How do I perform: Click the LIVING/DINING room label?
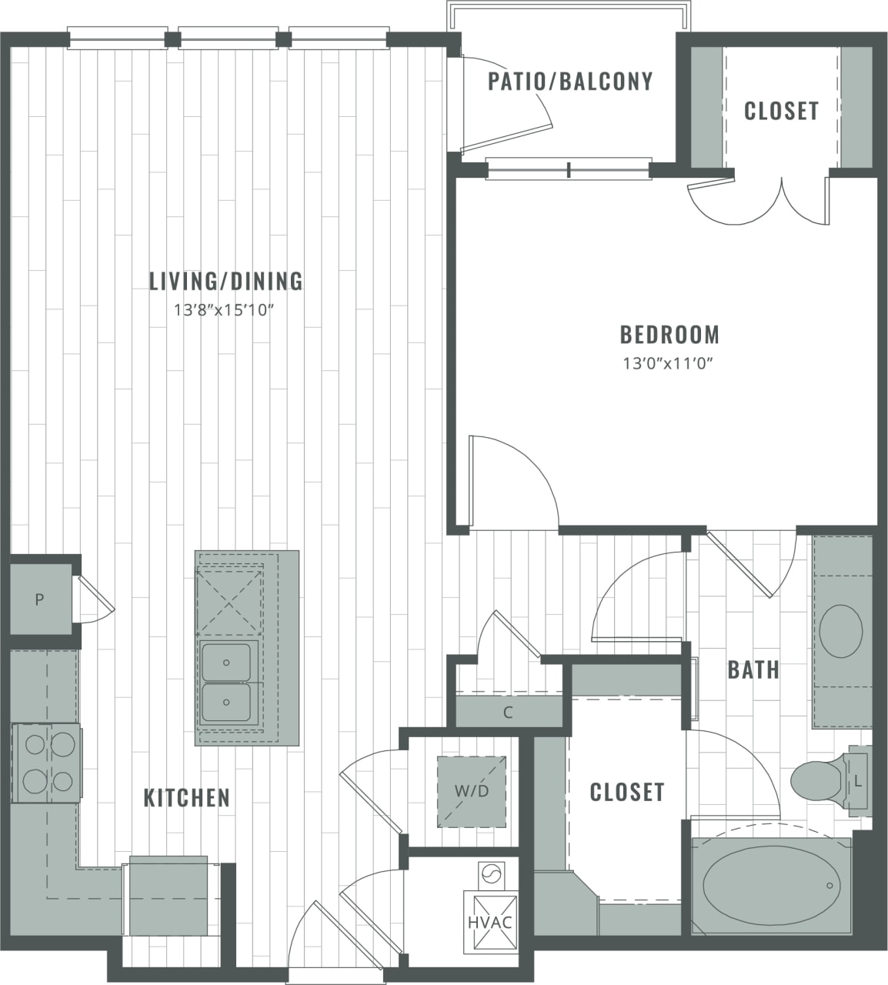pos(225,281)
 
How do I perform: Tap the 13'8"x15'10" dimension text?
pos(224,311)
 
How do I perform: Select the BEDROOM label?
pos(669,335)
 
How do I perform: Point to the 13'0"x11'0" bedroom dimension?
pos(669,364)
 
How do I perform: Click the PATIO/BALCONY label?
pos(570,82)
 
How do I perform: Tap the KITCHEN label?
pos(187,798)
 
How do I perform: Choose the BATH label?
pos(753,670)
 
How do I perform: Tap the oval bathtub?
pos(770,884)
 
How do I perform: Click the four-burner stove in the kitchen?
pos(47,763)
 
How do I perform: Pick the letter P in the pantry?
pos(38,599)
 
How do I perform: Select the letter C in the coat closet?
pos(508,713)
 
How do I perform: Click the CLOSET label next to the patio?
pos(781,111)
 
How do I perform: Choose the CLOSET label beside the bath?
pos(626,792)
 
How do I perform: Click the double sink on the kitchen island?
pos(227,682)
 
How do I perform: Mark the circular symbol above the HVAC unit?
pos(490,875)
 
